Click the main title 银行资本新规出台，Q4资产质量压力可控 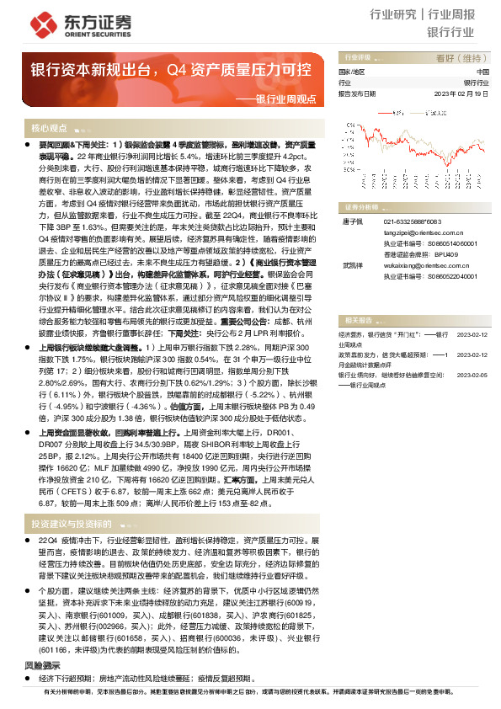click(171, 68)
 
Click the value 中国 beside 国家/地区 click(482, 72)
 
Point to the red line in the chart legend click(385, 111)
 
